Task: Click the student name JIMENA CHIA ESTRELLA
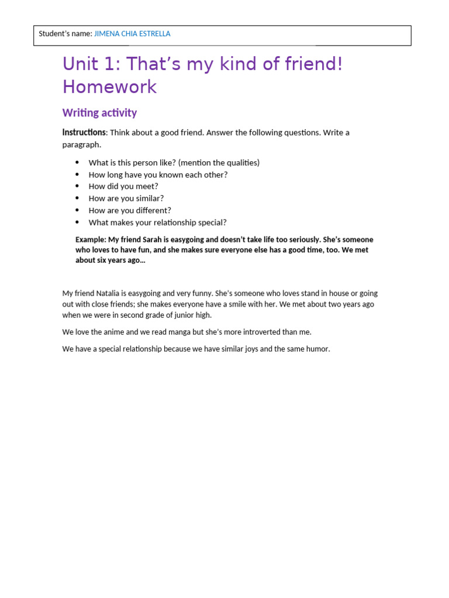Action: [132, 34]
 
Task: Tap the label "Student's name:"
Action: [65, 34]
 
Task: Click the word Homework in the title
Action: [109, 87]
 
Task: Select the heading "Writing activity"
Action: [99, 113]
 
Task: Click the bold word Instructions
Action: [84, 133]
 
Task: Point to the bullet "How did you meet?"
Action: [123, 186]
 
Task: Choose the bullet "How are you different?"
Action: [130, 210]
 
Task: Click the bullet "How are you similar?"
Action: [126, 199]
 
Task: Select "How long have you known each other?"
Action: [158, 175]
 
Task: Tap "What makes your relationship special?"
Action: [157, 222]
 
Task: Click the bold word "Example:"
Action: [91, 239]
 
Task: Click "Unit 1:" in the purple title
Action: [91, 64]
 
